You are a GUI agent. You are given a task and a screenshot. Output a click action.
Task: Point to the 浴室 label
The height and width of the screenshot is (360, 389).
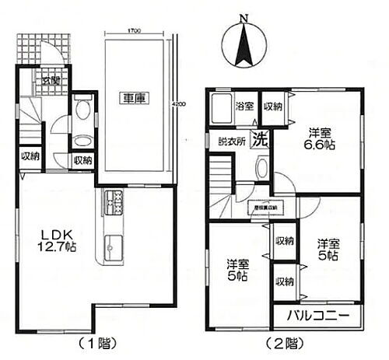(244, 107)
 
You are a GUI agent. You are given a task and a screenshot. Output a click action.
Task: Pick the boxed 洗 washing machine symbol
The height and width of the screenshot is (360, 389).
(262, 142)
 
